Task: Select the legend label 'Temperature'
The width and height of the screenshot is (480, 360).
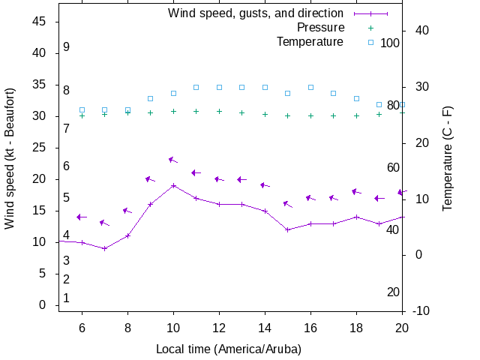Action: click(x=310, y=42)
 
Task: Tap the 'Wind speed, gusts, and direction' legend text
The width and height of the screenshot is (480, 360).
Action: click(x=256, y=13)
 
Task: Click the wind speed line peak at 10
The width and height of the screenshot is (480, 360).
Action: click(x=173, y=185)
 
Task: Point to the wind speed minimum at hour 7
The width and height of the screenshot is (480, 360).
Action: click(x=105, y=248)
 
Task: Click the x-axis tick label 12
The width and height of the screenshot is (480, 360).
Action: click(x=219, y=328)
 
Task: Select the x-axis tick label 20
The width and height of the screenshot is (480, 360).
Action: click(x=402, y=328)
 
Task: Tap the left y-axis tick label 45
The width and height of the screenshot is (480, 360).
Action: click(x=40, y=22)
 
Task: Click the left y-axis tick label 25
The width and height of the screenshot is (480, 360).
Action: click(x=40, y=148)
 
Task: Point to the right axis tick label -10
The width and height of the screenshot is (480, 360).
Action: click(x=420, y=310)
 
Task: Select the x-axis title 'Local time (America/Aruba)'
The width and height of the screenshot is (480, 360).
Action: click(x=229, y=349)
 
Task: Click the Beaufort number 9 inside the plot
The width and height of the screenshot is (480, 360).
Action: click(x=67, y=47)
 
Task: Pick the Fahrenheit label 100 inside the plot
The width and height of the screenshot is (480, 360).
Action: click(x=390, y=43)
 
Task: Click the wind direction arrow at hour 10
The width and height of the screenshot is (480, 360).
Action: click(x=173, y=160)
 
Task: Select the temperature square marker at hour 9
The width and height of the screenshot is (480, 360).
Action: click(x=151, y=98)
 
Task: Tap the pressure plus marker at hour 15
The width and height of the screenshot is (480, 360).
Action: click(x=288, y=115)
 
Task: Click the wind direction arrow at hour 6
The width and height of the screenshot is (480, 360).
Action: click(x=82, y=217)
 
